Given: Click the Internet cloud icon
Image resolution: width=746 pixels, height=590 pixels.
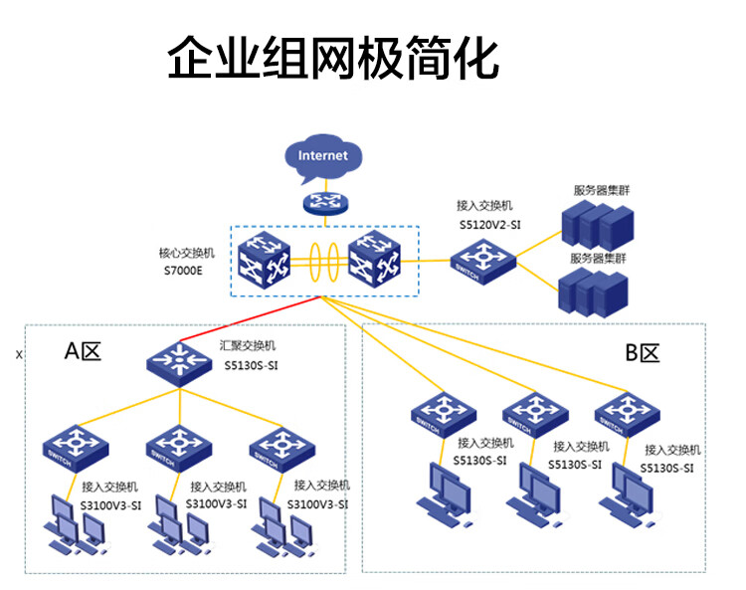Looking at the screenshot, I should (323, 156).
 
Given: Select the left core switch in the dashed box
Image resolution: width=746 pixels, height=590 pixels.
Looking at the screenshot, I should (271, 259).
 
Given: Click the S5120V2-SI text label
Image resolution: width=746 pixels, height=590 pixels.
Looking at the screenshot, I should (490, 226).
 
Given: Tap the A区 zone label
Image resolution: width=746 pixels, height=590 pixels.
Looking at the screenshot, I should (84, 350).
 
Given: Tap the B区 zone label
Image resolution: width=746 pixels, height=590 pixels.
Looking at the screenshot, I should (643, 352).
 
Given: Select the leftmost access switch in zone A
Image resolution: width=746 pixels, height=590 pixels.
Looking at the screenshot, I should (75, 449).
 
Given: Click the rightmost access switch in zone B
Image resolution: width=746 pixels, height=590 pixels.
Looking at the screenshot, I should (627, 414).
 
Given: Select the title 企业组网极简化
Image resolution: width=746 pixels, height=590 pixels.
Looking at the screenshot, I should (332, 58).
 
